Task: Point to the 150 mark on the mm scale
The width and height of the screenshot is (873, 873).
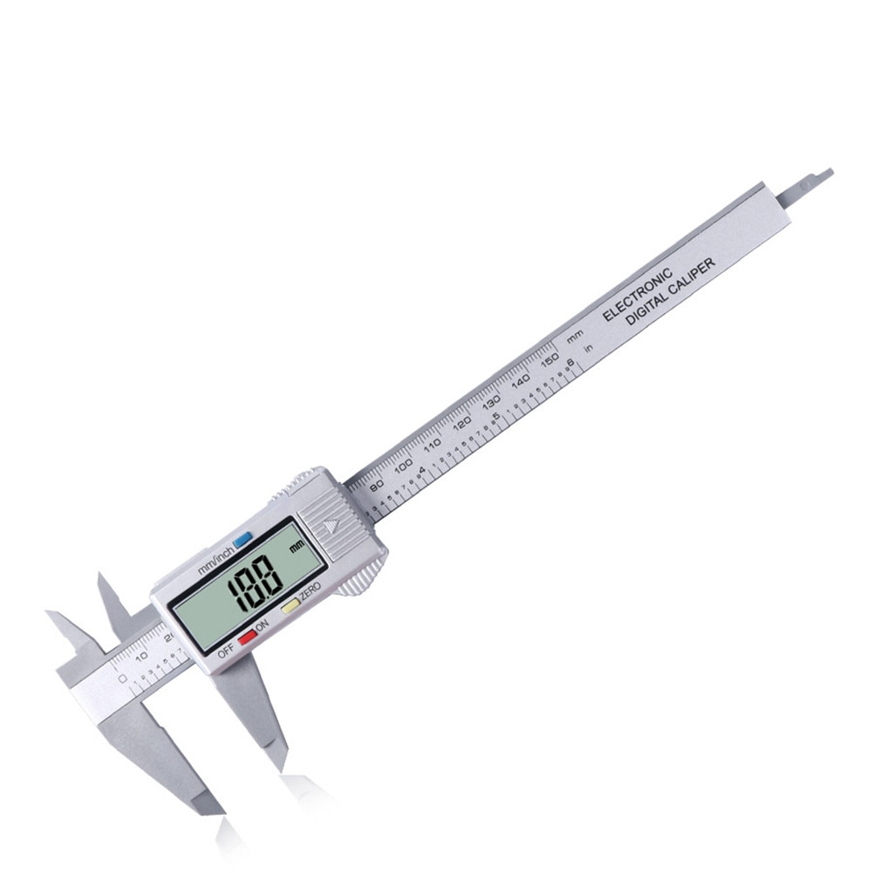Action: point(549,360)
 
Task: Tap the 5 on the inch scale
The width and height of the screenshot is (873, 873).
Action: point(496,416)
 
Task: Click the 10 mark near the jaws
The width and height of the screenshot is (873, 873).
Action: point(140,657)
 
